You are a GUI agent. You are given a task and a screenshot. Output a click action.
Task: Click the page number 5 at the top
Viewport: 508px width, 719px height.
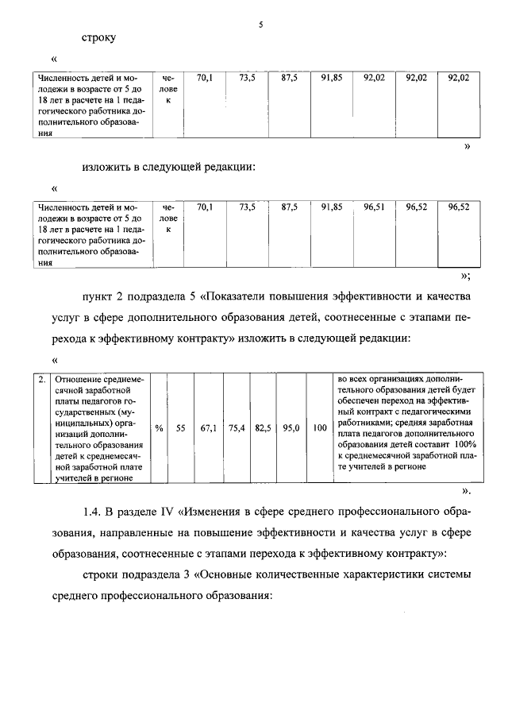(260, 25)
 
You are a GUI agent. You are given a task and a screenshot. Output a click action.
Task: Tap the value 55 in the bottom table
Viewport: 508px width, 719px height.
(180, 427)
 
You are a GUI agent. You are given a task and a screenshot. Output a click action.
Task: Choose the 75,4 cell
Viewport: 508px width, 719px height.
(237, 427)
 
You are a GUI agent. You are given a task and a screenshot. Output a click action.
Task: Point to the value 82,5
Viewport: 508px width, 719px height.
(264, 427)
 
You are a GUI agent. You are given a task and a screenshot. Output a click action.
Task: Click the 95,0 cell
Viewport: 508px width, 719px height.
(291, 427)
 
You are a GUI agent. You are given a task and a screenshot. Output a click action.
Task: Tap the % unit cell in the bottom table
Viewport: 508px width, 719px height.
(159, 427)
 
